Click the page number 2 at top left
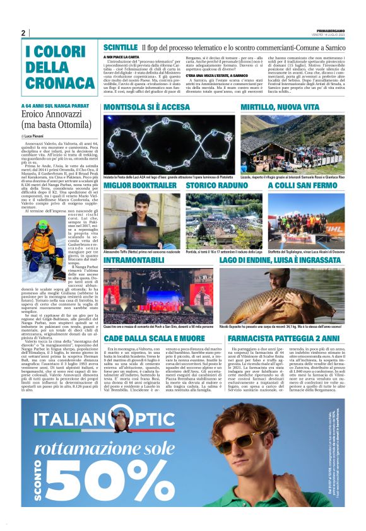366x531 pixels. click(x=23, y=33)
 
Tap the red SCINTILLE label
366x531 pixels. click(x=120, y=48)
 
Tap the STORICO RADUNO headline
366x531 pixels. click(x=215, y=186)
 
